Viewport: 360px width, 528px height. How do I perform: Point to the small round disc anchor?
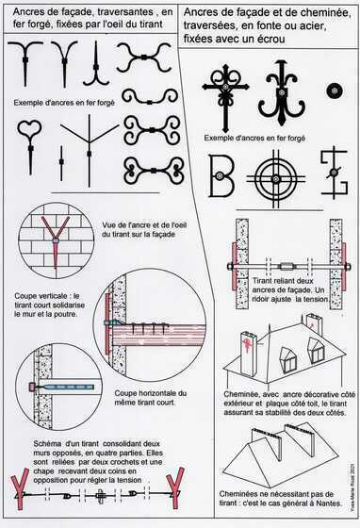tap(334, 91)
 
